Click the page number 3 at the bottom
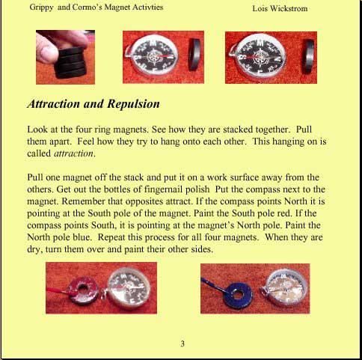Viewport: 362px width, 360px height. (182, 344)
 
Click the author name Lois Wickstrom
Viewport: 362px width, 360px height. (280, 8)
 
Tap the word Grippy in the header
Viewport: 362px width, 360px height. (41, 7)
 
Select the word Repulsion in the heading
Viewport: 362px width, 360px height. (133, 104)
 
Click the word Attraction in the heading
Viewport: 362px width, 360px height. (53, 104)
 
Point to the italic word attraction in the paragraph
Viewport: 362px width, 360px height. (73, 153)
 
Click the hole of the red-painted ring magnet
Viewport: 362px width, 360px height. (82, 290)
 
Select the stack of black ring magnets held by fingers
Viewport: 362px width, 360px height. (70, 63)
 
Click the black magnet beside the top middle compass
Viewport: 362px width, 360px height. (194, 55)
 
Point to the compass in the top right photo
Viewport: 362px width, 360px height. (259, 57)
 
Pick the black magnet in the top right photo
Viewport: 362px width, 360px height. (309, 57)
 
